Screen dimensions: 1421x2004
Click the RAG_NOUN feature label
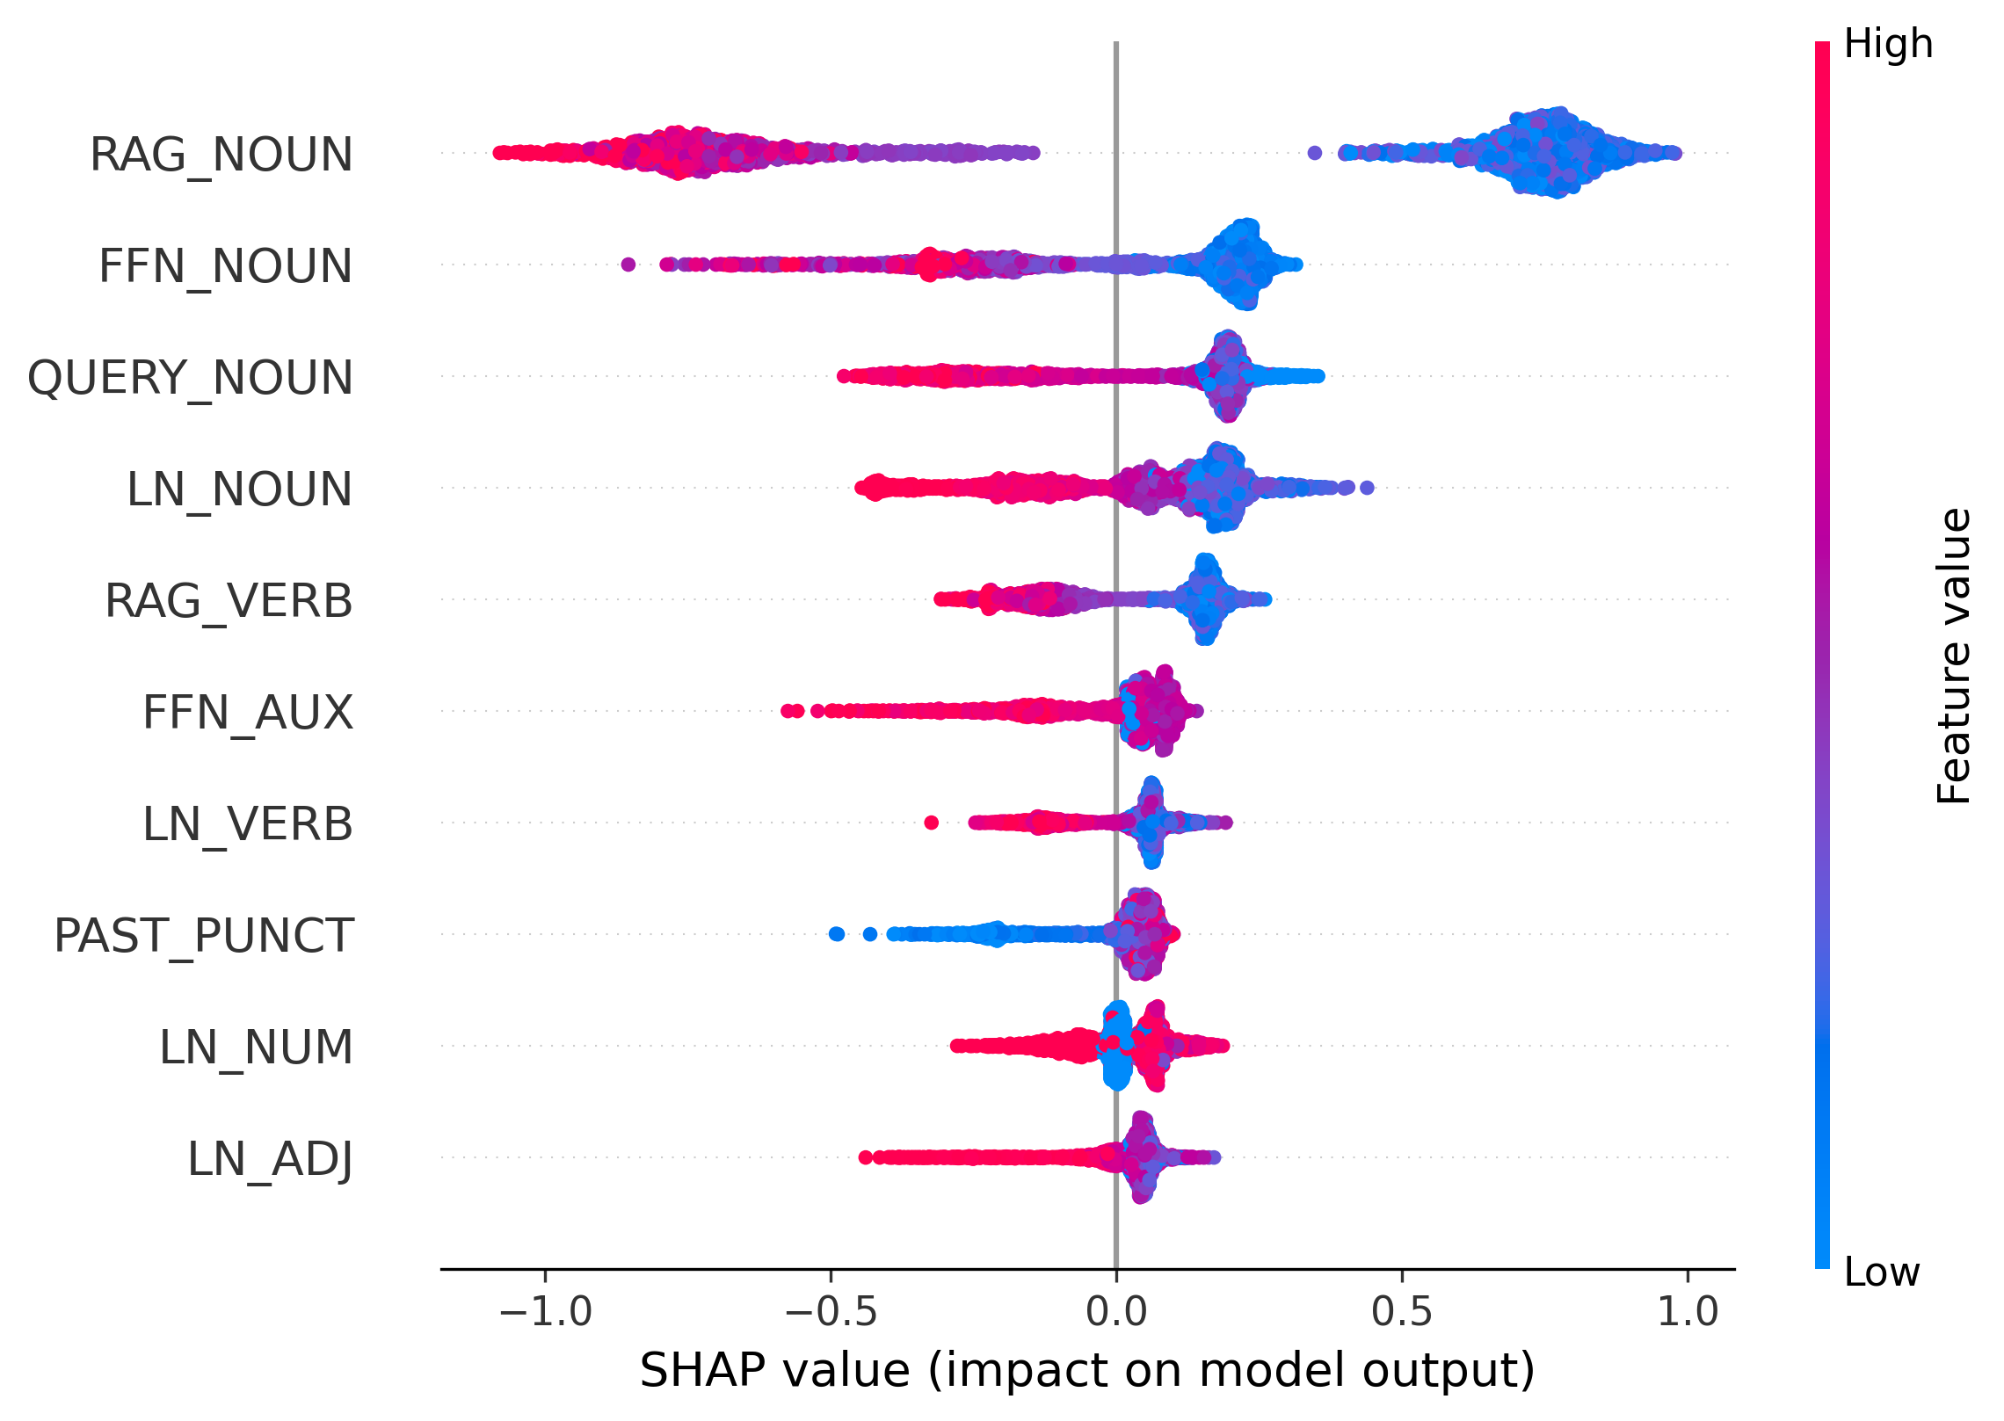pos(221,155)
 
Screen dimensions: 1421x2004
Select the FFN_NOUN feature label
pos(226,266)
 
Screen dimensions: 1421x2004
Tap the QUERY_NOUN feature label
pos(191,378)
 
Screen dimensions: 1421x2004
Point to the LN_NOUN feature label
pos(240,489)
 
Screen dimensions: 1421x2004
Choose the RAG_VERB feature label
pos(229,601)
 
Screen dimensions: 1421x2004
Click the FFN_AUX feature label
pos(248,713)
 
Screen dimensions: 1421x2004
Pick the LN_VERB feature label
pos(248,824)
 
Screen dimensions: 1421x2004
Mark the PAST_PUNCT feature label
pos(204,936)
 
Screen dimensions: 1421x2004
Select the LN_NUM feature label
pos(256,1048)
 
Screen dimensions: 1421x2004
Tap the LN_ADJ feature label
pos(271,1159)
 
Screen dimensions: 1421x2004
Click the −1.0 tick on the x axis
pos(545,1312)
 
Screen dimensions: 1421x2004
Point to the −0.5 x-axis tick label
pos(831,1312)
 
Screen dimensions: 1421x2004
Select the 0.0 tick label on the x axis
pos(1116,1312)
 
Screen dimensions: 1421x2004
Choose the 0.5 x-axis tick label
pos(1402,1312)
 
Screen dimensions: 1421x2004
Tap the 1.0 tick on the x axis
pos(1688,1312)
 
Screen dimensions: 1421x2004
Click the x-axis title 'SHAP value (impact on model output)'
pos(1087,1371)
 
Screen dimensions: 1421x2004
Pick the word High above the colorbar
pos(1888,44)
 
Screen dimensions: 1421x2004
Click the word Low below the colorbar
pos(1882,1272)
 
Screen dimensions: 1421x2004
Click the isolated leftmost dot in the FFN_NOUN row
pos(628,264)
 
